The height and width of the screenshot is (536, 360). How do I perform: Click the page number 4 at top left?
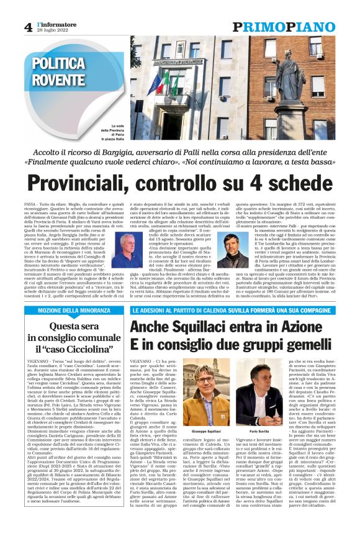(28, 27)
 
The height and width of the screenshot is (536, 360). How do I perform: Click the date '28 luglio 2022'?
(52, 30)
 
